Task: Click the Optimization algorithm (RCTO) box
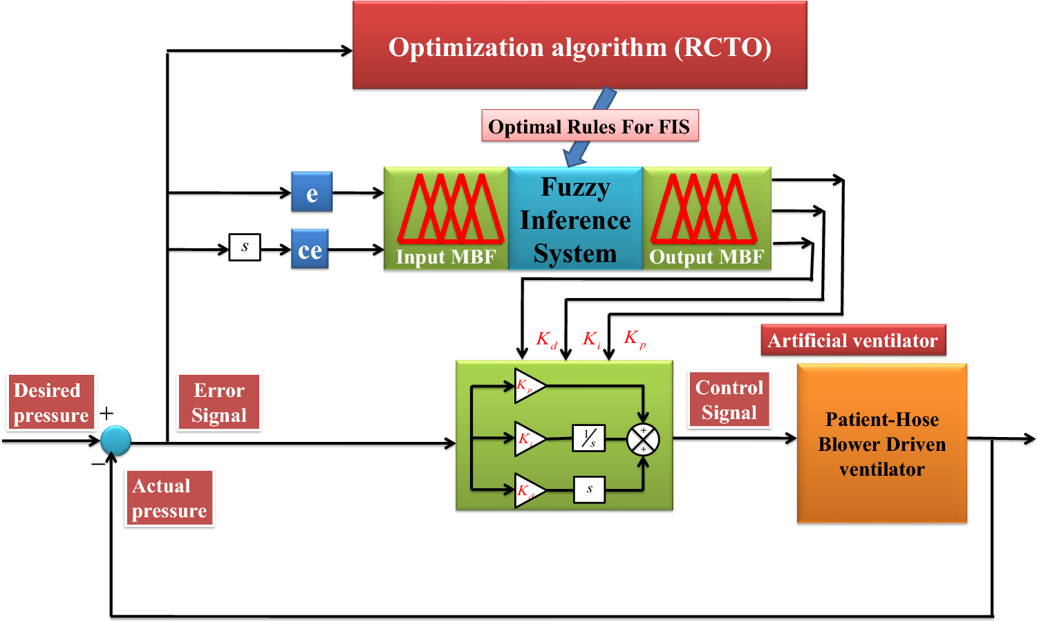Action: tap(579, 46)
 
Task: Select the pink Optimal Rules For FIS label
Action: tap(589, 126)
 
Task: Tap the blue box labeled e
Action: tap(312, 192)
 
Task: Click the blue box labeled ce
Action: tap(310, 249)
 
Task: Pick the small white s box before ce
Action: tap(245, 247)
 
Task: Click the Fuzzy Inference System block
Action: tap(575, 219)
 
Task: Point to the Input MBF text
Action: tap(446, 257)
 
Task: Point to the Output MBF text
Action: tap(707, 257)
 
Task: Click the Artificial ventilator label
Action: tap(853, 340)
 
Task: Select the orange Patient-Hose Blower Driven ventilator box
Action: tap(881, 444)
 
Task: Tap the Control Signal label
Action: tap(729, 400)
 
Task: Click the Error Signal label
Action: tap(219, 402)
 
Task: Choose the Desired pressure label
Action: tap(51, 402)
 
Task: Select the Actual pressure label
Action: tap(169, 498)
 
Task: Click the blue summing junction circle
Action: tap(115, 441)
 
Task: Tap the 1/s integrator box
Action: tap(589, 438)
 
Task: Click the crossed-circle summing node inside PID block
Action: tap(643, 440)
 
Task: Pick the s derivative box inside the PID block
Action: tap(589, 490)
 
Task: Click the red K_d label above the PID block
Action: tap(546, 340)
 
